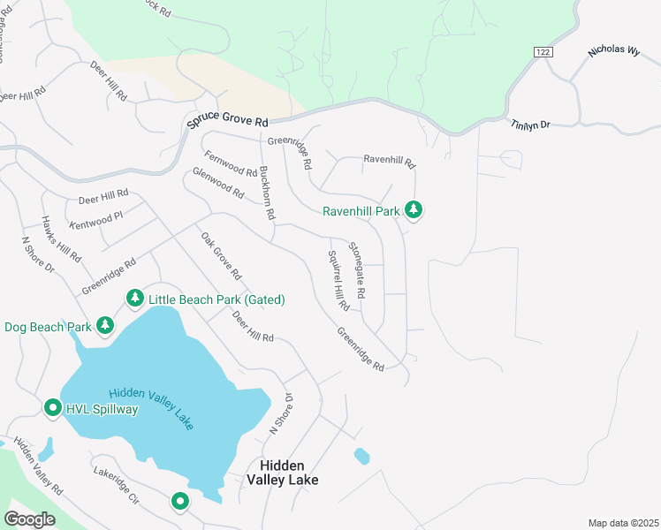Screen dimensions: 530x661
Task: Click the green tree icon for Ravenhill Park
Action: (x=413, y=210)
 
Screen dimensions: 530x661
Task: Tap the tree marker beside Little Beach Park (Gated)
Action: (x=134, y=299)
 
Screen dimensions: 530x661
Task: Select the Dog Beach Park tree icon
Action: (x=105, y=326)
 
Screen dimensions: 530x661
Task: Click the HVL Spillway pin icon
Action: (x=52, y=408)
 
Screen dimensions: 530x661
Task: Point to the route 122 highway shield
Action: (x=544, y=53)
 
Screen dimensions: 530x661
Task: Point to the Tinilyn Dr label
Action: (x=530, y=125)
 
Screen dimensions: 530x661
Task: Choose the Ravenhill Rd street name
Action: (x=389, y=162)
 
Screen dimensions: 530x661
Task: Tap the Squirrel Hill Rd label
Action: (x=338, y=280)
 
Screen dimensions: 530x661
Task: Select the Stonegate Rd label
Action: (x=357, y=269)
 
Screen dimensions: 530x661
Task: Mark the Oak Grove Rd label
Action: (x=221, y=258)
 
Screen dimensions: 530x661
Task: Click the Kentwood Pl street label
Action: (x=95, y=213)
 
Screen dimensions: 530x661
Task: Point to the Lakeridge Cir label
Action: (x=117, y=485)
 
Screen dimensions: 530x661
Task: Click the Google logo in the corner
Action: (x=30, y=519)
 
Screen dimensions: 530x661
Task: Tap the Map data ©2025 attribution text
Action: (x=623, y=523)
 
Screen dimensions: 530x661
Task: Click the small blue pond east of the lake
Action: (x=361, y=456)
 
